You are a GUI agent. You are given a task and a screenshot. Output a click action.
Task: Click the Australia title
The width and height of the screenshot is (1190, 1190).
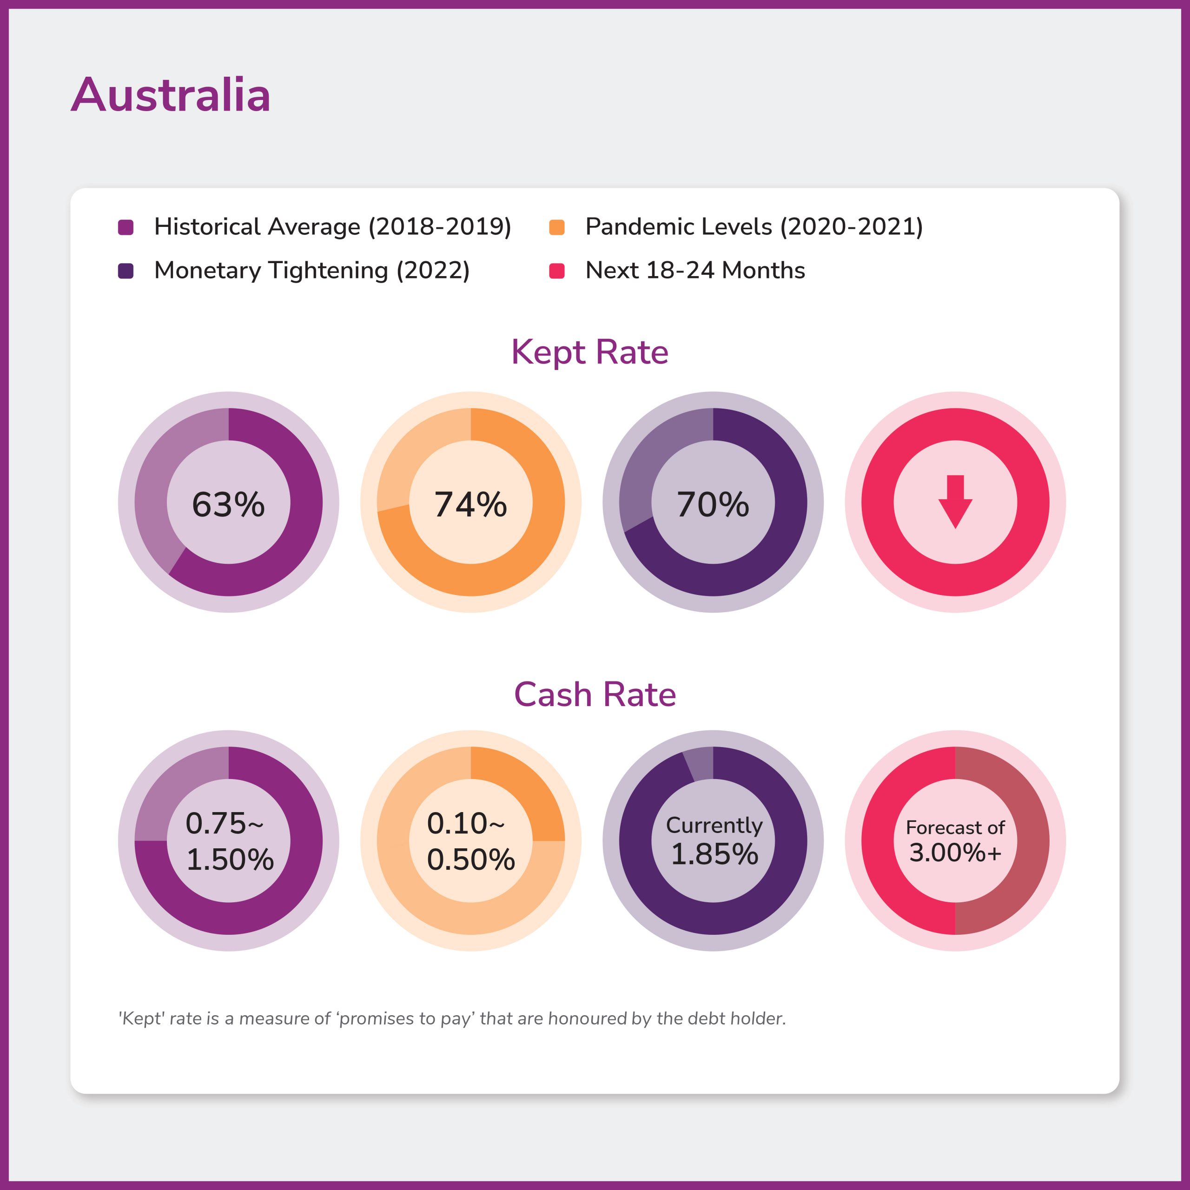(171, 95)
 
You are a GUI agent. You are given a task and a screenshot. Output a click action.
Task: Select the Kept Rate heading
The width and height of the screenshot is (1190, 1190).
(589, 352)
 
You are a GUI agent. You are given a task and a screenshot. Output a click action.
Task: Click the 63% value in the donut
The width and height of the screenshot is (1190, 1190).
(229, 504)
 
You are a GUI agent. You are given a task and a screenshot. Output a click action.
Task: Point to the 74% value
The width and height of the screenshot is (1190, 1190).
(470, 504)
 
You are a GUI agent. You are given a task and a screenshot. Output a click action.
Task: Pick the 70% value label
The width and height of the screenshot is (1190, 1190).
(713, 504)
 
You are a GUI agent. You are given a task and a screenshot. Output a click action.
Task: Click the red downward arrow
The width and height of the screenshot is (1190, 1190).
(955, 502)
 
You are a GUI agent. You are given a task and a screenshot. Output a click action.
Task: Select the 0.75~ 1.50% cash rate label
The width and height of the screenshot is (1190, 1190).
(229, 841)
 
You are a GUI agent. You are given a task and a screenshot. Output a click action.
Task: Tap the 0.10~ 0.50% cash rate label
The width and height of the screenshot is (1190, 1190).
(470, 841)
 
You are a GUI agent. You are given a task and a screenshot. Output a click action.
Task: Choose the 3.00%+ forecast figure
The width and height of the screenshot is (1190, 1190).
(955, 853)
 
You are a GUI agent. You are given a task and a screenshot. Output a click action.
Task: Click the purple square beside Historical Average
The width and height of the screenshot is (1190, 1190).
(126, 227)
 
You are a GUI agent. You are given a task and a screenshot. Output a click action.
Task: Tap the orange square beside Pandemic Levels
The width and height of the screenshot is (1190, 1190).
(557, 227)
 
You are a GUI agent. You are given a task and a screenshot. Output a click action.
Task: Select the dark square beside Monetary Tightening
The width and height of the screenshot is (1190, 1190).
(126, 271)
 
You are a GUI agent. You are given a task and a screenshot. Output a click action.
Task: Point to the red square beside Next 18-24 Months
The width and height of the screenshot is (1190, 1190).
(557, 271)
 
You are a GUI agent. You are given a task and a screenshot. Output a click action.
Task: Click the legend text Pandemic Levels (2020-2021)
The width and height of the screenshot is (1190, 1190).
(754, 227)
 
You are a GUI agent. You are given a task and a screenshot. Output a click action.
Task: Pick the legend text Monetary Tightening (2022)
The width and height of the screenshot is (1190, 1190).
(311, 271)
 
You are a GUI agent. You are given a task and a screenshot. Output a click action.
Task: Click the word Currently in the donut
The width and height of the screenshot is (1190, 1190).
(714, 825)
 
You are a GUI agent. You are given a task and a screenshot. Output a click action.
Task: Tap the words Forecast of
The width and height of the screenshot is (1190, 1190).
(955, 827)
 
